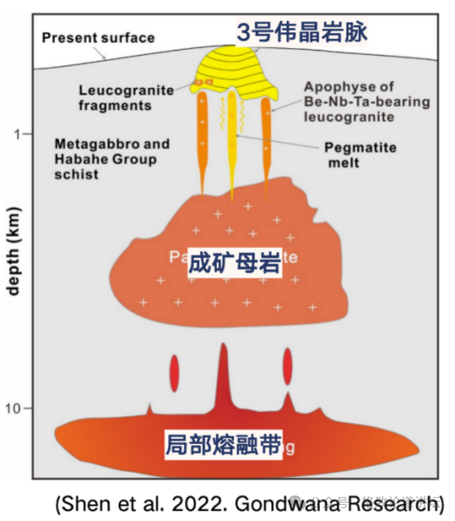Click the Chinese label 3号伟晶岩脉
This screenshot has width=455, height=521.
(302, 32)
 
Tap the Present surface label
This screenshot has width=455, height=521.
(98, 38)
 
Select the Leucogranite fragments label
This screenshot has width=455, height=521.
(126, 97)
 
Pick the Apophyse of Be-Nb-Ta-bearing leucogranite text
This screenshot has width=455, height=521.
(367, 102)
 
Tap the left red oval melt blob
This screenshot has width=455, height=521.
(174, 373)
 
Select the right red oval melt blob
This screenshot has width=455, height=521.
(288, 366)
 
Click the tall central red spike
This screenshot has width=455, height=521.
(222, 379)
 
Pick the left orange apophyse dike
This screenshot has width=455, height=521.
(202, 139)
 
